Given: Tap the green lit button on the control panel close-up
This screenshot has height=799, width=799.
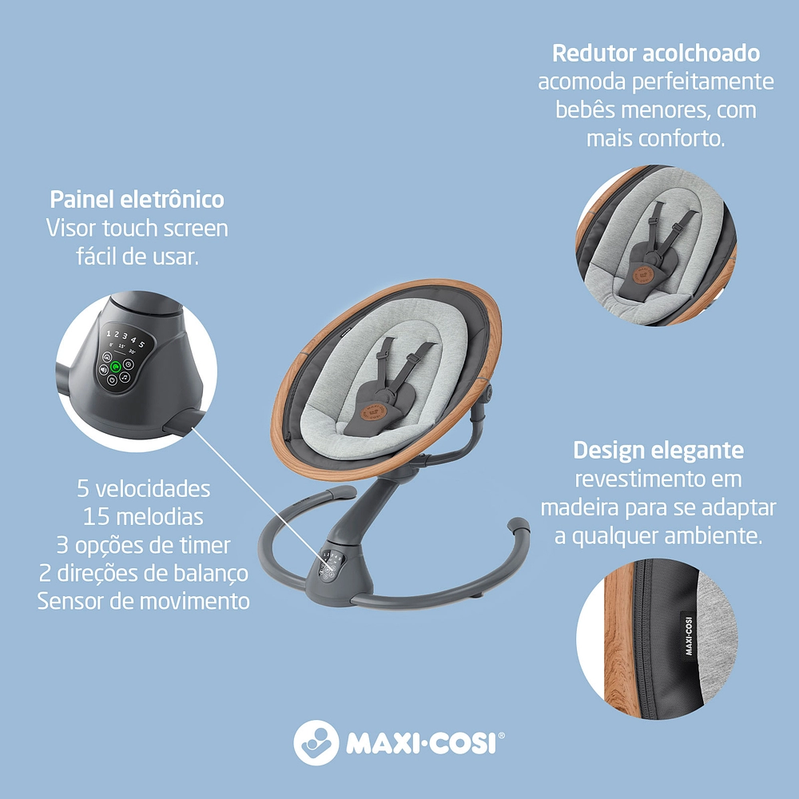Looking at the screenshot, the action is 115,366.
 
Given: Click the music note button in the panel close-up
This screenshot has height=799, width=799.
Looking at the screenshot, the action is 125,378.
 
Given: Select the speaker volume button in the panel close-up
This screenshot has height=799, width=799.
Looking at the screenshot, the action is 104,369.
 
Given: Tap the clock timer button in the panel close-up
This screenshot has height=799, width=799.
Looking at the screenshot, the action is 129,364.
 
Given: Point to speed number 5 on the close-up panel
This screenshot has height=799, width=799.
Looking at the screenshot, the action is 141,344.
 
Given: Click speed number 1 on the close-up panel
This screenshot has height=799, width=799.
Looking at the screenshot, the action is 109,334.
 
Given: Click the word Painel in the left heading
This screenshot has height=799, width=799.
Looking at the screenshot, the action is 81,199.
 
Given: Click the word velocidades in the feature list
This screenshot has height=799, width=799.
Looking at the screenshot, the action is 153,489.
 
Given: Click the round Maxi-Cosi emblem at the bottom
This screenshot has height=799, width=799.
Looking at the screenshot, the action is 316,742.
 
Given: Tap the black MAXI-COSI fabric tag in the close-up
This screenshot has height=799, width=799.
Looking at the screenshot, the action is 690,635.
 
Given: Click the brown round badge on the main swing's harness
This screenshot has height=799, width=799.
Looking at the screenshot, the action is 372,412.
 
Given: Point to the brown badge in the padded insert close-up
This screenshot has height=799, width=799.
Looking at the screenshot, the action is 644,274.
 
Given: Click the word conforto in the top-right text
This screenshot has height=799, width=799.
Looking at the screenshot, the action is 680,138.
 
